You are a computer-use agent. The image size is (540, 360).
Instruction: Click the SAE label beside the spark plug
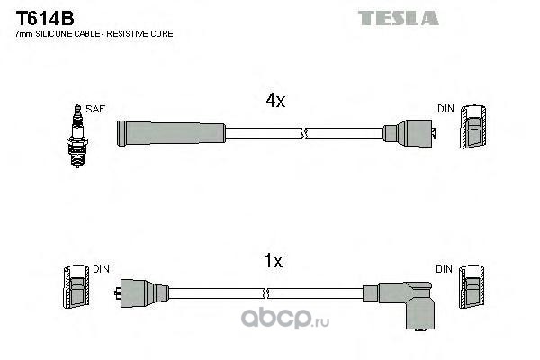coord(96,109)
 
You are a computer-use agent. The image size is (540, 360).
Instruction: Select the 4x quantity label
coord(274,102)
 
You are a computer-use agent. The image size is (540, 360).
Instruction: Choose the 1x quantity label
coord(273,262)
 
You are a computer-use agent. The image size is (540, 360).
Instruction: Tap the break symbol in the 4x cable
coord(304,133)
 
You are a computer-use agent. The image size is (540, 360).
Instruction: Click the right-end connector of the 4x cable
coord(411,133)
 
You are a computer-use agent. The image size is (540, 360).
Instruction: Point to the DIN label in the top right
coord(446,109)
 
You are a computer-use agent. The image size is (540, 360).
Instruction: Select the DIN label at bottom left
coord(100,269)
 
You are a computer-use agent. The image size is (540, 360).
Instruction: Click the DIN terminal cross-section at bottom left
coord(74,290)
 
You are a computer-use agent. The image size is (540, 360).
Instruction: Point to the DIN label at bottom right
coord(445,269)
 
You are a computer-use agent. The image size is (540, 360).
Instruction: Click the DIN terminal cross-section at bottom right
coord(472,290)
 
